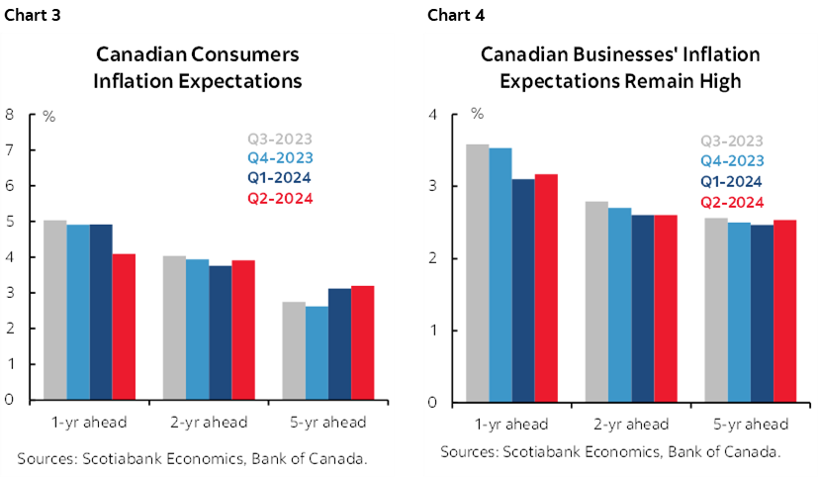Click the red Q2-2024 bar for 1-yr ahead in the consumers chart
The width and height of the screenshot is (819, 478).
(125, 327)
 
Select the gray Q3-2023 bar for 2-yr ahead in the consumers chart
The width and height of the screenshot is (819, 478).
(173, 328)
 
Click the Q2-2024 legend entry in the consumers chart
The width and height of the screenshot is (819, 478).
(279, 198)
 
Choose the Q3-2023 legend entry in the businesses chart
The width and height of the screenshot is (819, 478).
(732, 141)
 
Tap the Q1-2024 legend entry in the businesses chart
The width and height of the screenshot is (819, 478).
(732, 181)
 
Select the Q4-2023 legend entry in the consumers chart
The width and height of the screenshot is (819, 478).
(279, 158)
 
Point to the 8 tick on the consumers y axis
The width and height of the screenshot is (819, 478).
(9, 114)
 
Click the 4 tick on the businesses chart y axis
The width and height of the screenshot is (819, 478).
(431, 115)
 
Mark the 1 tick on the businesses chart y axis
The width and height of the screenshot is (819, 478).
(431, 331)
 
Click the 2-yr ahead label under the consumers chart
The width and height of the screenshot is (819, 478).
(208, 423)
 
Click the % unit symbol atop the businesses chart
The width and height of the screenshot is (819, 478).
(477, 114)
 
